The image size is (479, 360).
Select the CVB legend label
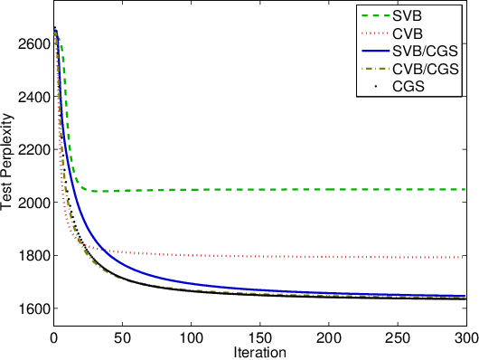[418, 34]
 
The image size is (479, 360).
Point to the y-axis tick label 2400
[33, 97]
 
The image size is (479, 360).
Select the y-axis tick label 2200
[33, 150]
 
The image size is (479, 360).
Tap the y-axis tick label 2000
[33, 203]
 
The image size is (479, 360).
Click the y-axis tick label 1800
[33, 256]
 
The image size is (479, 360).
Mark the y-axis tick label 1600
[33, 308]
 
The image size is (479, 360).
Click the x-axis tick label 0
[54, 337]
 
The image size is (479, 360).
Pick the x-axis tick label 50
[123, 337]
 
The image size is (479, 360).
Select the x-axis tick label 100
[192, 337]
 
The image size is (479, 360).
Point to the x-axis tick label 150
[260, 337]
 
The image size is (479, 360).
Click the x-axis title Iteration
[260, 352]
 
